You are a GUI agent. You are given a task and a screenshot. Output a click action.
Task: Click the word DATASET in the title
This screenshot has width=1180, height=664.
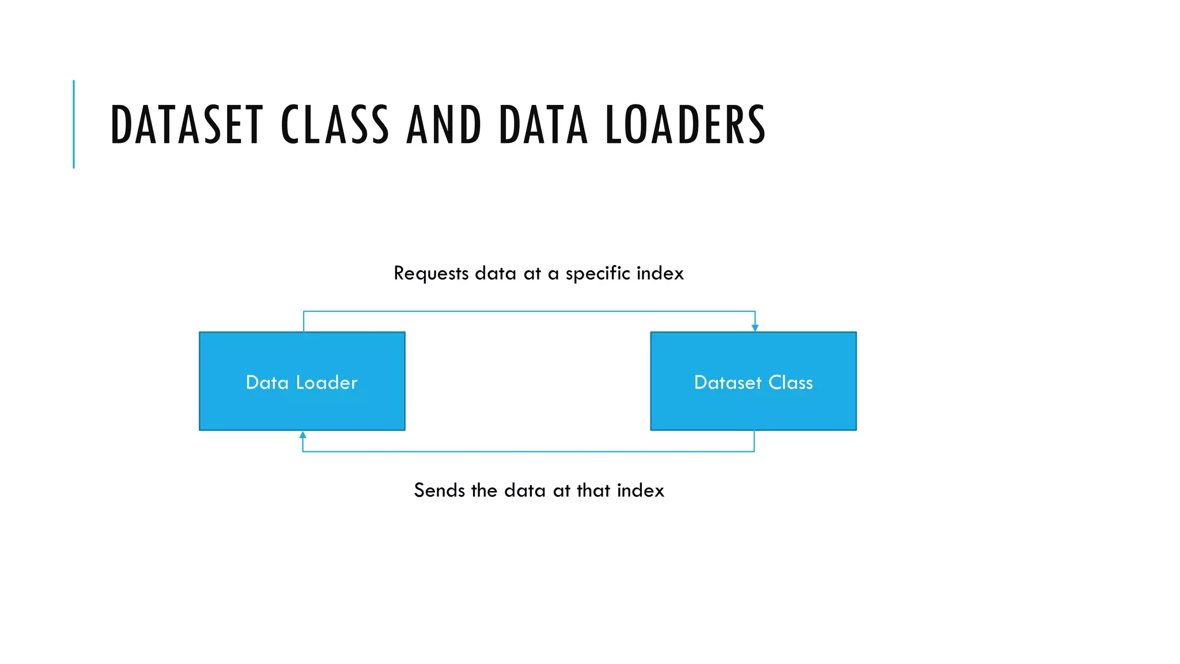pos(186,124)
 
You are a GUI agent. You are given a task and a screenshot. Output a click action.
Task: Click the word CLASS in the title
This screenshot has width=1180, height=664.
pos(335,124)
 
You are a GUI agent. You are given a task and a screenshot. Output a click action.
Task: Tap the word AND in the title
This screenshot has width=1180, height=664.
pos(444,124)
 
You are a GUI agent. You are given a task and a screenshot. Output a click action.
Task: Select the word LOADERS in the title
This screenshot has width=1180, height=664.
pos(685,124)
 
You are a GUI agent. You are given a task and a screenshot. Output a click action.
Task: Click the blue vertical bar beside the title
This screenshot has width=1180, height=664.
pos(74,124)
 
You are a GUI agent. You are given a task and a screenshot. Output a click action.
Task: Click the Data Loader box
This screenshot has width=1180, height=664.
pos(302,403)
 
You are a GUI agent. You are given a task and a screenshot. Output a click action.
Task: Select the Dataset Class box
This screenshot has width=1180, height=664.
pos(753,403)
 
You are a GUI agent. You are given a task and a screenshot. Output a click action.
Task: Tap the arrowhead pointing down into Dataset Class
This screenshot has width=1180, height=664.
pos(755,328)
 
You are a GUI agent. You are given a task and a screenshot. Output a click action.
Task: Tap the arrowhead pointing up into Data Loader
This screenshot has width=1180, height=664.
pos(302,435)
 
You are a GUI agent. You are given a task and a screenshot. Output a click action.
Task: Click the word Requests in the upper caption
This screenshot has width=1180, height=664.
pos(431,273)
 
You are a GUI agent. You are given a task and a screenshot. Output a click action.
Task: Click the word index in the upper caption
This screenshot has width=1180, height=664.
pos(660,273)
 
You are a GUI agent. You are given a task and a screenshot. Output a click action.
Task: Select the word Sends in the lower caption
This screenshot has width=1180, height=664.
pos(439,491)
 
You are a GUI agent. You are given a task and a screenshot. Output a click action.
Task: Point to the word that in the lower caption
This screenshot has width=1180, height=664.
pos(593,491)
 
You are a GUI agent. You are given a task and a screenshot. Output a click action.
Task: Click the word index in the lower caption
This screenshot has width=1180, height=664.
pos(640,491)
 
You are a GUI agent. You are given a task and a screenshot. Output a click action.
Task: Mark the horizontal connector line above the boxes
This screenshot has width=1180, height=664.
pos(529,311)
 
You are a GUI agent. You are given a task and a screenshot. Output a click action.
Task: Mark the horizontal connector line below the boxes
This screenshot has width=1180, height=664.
pos(529,451)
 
